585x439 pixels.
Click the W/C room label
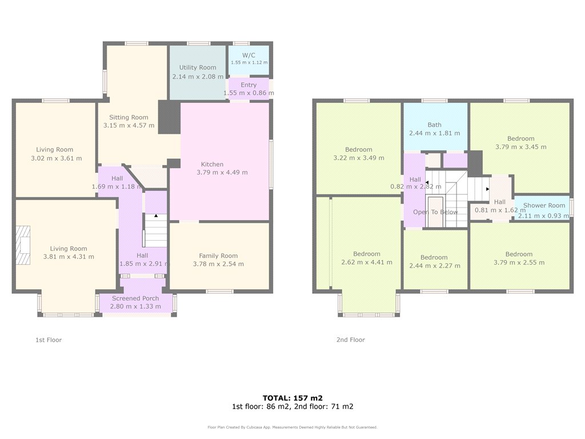pyautogui.click(x=249, y=55)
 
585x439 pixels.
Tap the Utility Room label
pyautogui.click(x=198, y=67)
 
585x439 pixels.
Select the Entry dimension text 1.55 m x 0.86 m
pyautogui.click(x=249, y=93)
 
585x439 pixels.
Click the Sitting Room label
pyautogui.click(x=129, y=117)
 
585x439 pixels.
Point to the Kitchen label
pyautogui.click(x=213, y=164)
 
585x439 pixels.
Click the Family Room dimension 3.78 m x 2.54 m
pyautogui.click(x=218, y=264)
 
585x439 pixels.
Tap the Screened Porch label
pyautogui.click(x=135, y=298)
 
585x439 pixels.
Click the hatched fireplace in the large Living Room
pyautogui.click(x=23, y=245)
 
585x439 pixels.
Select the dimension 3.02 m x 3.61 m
pyautogui.click(x=57, y=158)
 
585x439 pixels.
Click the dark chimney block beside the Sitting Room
pyautogui.click(x=169, y=117)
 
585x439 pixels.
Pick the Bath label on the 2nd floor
pyautogui.click(x=435, y=125)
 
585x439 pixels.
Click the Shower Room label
pyautogui.click(x=544, y=205)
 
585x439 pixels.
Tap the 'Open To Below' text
pyautogui.click(x=435, y=212)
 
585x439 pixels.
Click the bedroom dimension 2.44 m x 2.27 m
pyautogui.click(x=435, y=266)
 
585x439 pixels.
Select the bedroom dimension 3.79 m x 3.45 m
pyautogui.click(x=521, y=147)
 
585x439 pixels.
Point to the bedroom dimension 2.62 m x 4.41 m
pyautogui.click(x=367, y=262)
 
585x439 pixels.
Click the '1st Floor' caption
pyautogui.click(x=49, y=340)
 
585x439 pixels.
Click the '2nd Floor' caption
pyautogui.click(x=351, y=340)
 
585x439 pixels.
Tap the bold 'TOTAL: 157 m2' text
pyautogui.click(x=292, y=398)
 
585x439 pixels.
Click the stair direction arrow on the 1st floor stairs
pyautogui.click(x=156, y=215)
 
